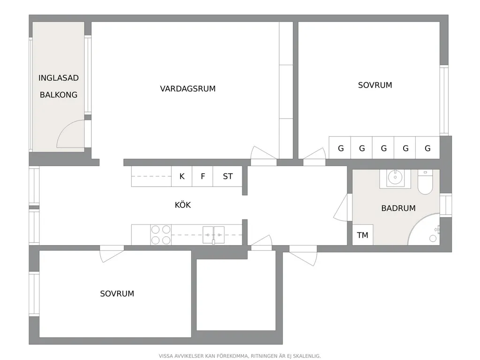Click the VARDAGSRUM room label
187,89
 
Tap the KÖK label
183,205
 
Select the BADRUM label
398,208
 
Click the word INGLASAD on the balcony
59,78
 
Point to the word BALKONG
59,95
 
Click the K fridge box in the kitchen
182,176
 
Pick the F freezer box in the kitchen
202,176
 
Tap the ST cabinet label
228,176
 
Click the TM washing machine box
363,235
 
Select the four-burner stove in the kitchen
161,235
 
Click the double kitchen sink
214,235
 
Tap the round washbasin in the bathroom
395,177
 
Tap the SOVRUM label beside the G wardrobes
375,85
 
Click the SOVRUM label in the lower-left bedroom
117,294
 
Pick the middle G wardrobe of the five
383,148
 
